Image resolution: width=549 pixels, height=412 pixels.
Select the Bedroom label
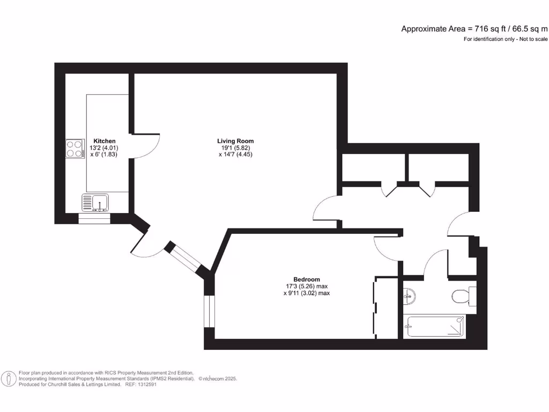point(306,279)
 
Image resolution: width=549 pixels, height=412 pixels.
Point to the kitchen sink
point(95,202)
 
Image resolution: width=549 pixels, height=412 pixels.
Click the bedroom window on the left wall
point(209,311)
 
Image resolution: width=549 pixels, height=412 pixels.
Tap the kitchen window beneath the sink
point(94,218)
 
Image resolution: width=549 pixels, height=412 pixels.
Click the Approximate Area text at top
point(474,29)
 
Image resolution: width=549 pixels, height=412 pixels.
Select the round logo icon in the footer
point(9,379)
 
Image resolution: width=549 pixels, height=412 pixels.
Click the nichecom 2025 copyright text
point(218,379)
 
